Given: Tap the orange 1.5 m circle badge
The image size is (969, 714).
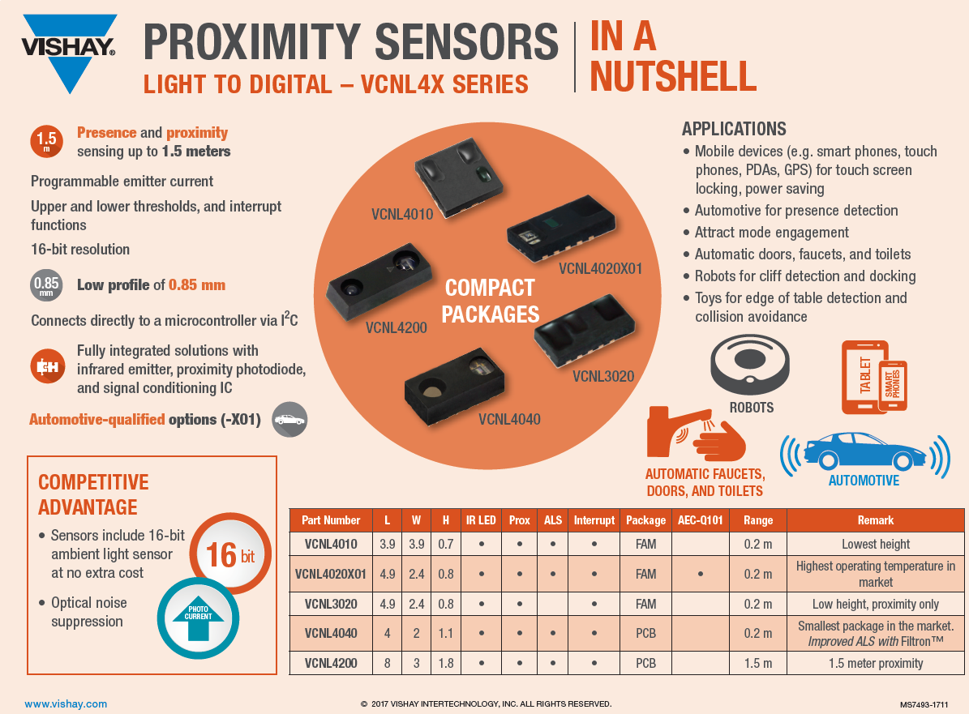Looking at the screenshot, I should click(x=46, y=141).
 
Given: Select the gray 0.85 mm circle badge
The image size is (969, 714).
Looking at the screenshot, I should click(x=46, y=285).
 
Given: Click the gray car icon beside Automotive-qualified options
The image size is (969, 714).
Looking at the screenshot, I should click(x=289, y=420).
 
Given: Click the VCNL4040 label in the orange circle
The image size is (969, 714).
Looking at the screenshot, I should click(x=509, y=419).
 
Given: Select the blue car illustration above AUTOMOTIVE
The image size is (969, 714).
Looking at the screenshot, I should click(x=864, y=451).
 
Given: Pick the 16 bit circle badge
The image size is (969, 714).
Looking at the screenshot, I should click(x=229, y=555).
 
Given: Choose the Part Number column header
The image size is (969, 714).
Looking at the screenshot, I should click(x=331, y=520).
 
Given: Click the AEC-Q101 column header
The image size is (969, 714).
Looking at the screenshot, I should click(x=700, y=520).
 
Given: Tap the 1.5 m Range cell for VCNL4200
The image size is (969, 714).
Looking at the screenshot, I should click(x=758, y=663).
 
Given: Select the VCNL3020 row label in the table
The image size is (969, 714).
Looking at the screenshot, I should click(x=331, y=604).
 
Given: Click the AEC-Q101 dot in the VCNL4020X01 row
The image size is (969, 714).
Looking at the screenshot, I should click(x=700, y=574).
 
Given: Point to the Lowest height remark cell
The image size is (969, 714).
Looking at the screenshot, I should click(x=876, y=545).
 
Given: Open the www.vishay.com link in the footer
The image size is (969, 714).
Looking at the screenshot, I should click(x=66, y=704).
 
